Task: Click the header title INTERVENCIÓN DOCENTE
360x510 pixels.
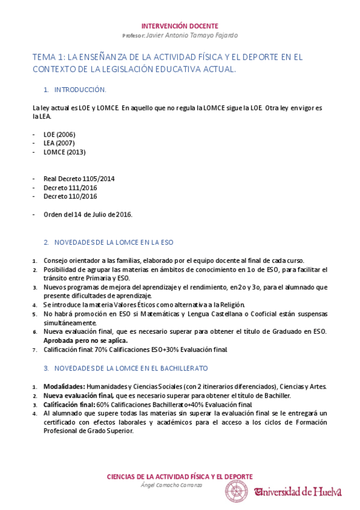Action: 180,26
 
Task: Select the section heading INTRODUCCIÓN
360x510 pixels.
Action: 80,90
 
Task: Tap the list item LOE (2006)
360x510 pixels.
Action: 59,134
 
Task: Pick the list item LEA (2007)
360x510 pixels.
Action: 59,143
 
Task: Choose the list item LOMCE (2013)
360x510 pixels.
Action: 64,152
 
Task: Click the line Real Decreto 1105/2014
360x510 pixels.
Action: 79,179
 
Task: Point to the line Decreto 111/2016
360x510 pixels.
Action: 70,188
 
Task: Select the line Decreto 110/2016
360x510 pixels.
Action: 70,196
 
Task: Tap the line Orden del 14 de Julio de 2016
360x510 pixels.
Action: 88,214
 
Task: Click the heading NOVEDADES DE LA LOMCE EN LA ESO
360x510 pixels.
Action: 114,242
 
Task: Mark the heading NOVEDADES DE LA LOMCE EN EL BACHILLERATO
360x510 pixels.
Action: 131,367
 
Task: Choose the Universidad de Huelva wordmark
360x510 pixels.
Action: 298,491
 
